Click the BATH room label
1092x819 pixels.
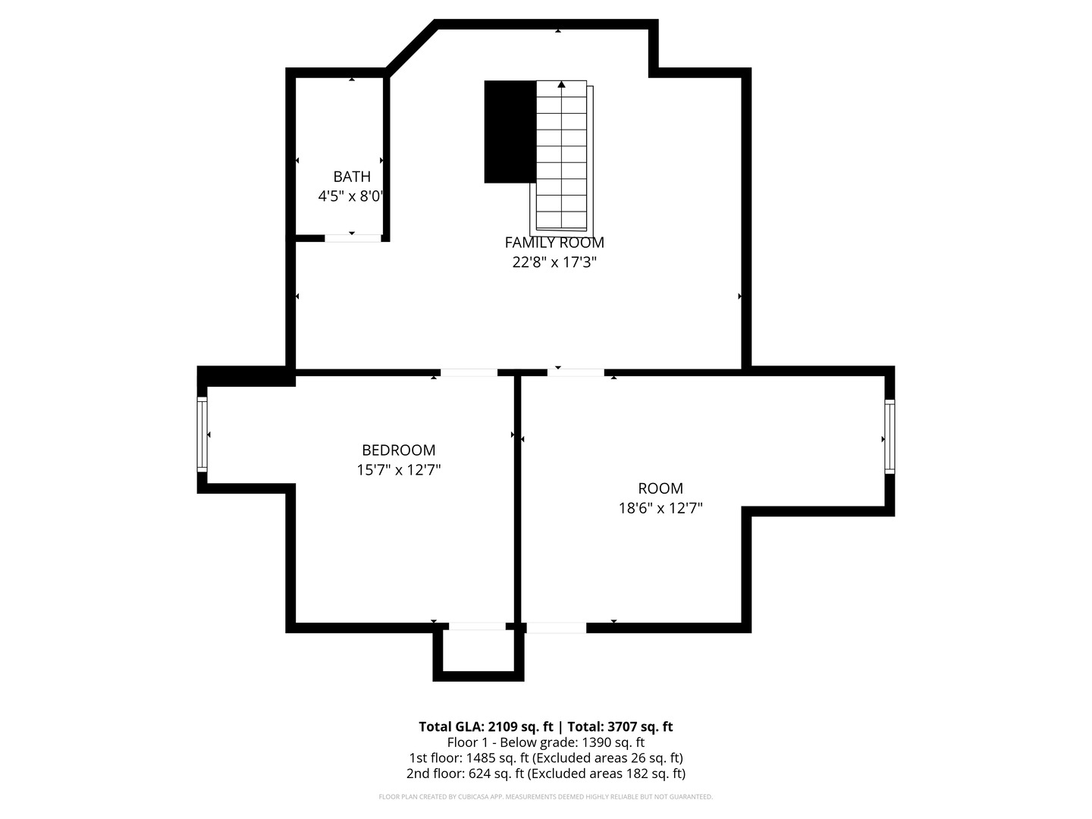click(x=352, y=177)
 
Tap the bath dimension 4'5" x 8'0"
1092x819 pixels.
click(x=350, y=196)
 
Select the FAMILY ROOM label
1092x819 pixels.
click(x=554, y=243)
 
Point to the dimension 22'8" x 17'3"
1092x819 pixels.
click(x=554, y=262)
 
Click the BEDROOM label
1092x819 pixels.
click(x=398, y=450)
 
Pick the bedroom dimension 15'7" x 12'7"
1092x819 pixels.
click(x=398, y=470)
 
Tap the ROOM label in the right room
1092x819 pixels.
click(x=660, y=488)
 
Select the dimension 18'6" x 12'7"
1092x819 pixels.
click(x=660, y=508)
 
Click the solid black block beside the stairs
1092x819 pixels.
click(x=510, y=131)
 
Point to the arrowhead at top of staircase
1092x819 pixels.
click(x=561, y=84)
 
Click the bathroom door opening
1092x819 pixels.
click(x=353, y=238)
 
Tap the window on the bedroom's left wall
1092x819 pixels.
click(x=202, y=435)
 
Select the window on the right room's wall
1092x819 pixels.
click(x=890, y=437)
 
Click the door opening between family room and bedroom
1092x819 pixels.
click(x=469, y=372)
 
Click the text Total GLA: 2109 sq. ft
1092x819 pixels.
click(x=486, y=726)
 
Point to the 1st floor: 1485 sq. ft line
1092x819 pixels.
click(x=545, y=758)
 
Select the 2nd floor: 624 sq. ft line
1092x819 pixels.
click(x=545, y=774)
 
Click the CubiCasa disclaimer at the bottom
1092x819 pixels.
click(x=545, y=797)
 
